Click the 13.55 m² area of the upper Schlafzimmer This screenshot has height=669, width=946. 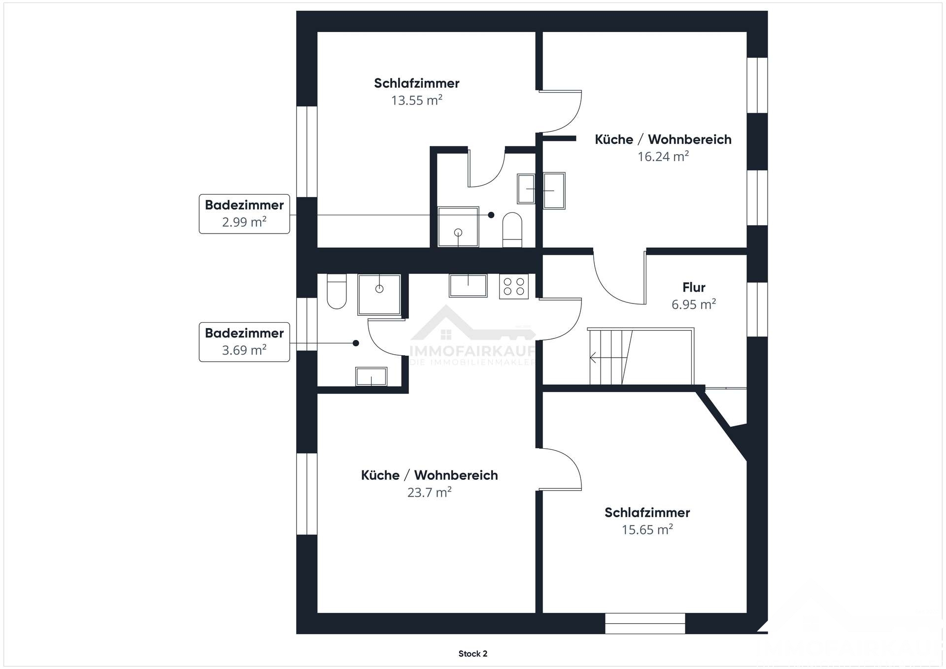coord(416,100)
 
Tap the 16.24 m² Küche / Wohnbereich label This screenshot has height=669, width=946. coord(663,157)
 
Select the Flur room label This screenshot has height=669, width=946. coord(694,287)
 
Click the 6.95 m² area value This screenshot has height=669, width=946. coord(693,304)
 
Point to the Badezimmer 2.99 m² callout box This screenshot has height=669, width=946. coord(244,214)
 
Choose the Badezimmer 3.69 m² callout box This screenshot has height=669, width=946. coord(244,342)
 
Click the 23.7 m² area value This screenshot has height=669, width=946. coord(429,492)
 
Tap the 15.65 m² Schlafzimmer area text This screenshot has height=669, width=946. coord(647,530)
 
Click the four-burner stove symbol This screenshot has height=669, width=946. coord(513,287)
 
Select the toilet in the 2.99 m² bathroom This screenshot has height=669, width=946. coord(512,229)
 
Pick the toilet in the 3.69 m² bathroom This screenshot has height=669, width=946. coord(337,291)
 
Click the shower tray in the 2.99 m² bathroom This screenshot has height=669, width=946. coord(458,227)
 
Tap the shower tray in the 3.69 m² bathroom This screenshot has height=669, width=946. coord(379,294)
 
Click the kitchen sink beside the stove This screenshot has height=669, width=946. coord(468,286)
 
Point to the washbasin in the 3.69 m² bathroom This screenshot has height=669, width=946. coord(371,377)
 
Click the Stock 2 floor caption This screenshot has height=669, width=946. coord(473,654)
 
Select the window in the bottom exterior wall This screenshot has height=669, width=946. coord(644,623)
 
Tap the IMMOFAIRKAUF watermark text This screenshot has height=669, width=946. coord(473,351)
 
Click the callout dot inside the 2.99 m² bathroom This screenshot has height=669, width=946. coord(491,215)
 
